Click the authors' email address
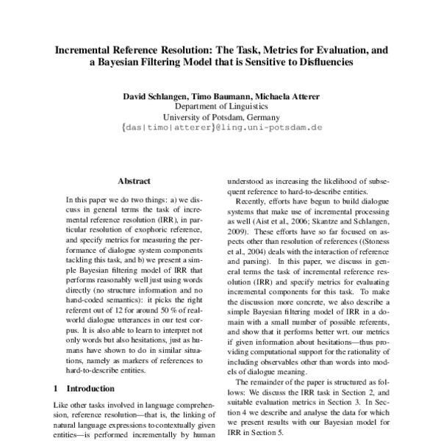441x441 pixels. pyautogui.click(x=220, y=127)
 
